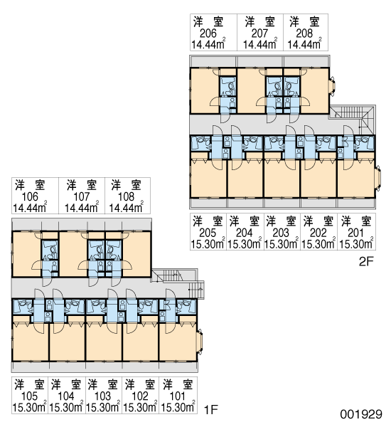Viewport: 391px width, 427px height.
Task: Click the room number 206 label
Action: [208, 33]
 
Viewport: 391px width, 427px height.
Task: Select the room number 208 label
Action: [304, 33]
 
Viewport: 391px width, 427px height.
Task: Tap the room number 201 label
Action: [355, 233]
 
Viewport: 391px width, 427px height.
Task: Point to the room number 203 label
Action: [281, 233]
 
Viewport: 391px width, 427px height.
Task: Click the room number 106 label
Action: [30, 196]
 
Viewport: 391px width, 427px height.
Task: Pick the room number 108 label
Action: [127, 196]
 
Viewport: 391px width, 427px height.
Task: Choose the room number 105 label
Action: [29, 396]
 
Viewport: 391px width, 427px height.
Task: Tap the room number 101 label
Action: [177, 396]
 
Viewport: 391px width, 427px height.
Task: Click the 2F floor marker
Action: [367, 262]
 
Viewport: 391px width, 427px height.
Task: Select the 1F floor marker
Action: [211, 409]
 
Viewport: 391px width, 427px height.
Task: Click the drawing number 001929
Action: [361, 414]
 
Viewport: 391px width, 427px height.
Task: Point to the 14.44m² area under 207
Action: [260, 43]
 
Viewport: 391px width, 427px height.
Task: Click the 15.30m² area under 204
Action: [245, 243]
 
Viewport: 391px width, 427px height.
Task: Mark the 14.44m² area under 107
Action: [81, 207]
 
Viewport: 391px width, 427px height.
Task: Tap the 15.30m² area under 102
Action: [140, 406]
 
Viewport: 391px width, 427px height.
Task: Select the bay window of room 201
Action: [377, 177]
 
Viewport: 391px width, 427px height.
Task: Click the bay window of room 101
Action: [200, 341]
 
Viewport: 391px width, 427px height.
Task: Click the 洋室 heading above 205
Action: [208, 221]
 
